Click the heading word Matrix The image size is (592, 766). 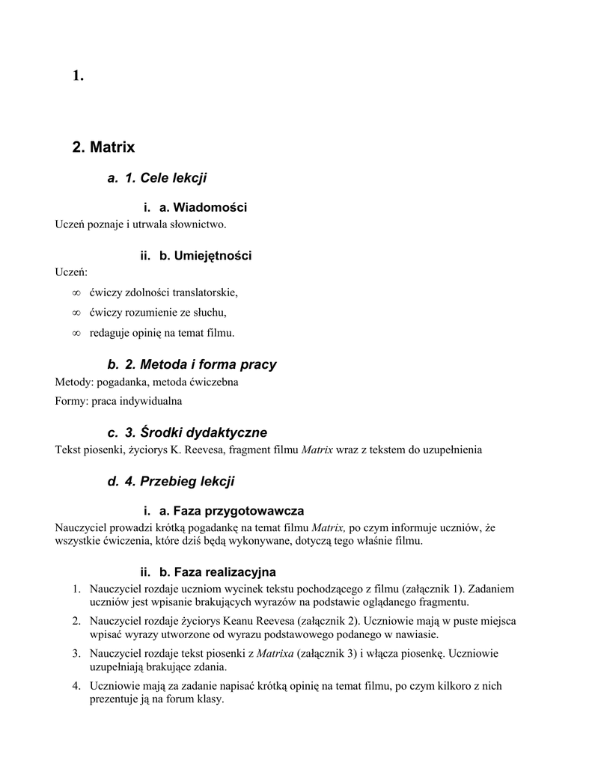click(x=112, y=147)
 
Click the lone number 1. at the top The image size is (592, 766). click(x=78, y=75)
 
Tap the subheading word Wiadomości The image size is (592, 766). click(x=210, y=207)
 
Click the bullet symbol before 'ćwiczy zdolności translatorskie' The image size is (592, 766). click(x=76, y=292)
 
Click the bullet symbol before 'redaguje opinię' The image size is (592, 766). click(x=76, y=332)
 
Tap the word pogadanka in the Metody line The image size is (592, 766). click(x=123, y=382)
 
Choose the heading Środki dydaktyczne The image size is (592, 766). click(x=196, y=433)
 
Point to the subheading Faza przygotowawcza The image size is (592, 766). click(x=238, y=511)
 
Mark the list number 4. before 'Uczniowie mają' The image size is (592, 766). click(x=76, y=685)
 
